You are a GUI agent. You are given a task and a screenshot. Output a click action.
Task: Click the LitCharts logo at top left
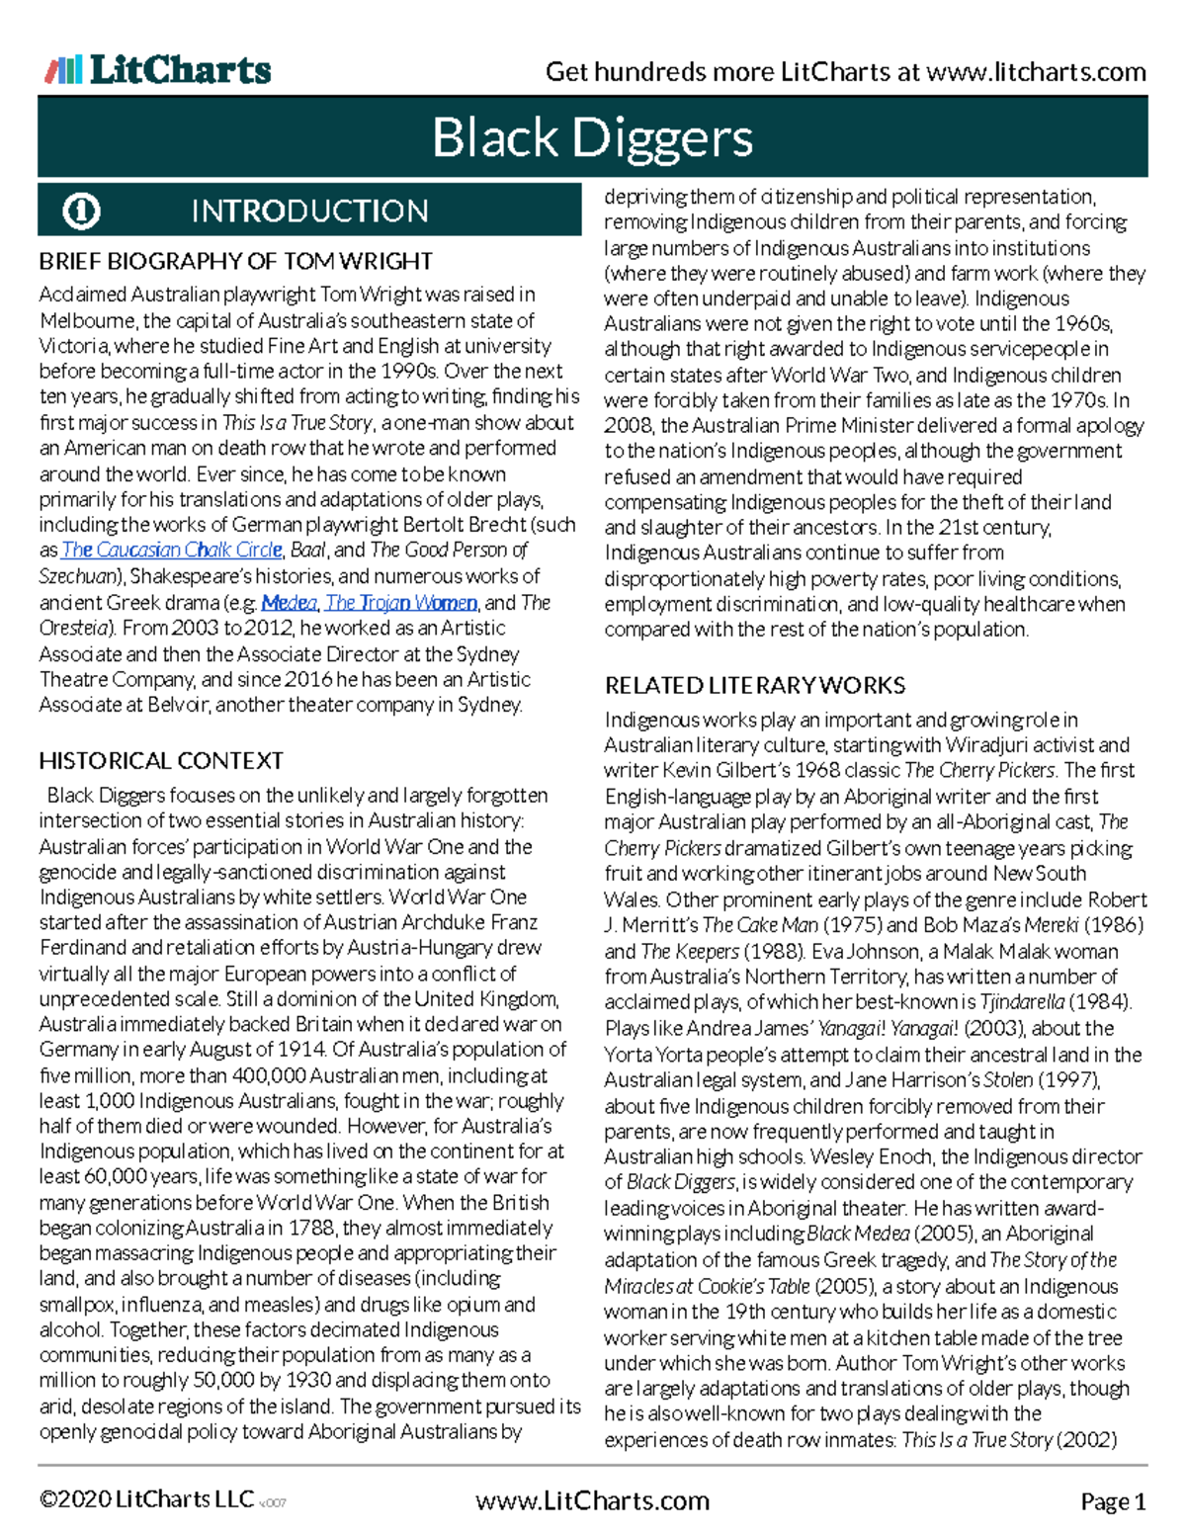pyautogui.click(x=158, y=70)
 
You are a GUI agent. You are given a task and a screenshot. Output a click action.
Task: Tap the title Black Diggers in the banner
pyautogui.click(x=592, y=138)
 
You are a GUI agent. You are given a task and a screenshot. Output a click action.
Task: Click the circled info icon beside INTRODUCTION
pyautogui.click(x=81, y=211)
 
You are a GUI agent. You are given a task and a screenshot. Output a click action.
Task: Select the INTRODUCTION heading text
pyautogui.click(x=309, y=211)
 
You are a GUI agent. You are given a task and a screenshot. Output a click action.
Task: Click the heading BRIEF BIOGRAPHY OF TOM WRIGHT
pyautogui.click(x=235, y=262)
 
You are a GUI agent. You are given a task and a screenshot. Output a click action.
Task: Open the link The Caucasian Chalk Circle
pyautogui.click(x=172, y=551)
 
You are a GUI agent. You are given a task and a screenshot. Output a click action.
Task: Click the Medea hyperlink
pyautogui.click(x=289, y=603)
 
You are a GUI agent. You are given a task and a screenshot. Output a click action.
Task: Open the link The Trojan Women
pyautogui.click(x=401, y=603)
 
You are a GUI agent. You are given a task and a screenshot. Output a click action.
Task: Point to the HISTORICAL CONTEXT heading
pyautogui.click(x=161, y=761)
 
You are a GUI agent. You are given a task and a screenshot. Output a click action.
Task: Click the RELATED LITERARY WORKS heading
pyautogui.click(x=755, y=686)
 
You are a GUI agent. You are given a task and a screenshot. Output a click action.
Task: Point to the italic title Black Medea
pyautogui.click(x=858, y=1235)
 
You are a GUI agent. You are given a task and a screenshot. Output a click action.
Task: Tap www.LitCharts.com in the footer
pyautogui.click(x=592, y=1501)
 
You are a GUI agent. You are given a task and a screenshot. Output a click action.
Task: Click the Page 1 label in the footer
pyautogui.click(x=1113, y=1502)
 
